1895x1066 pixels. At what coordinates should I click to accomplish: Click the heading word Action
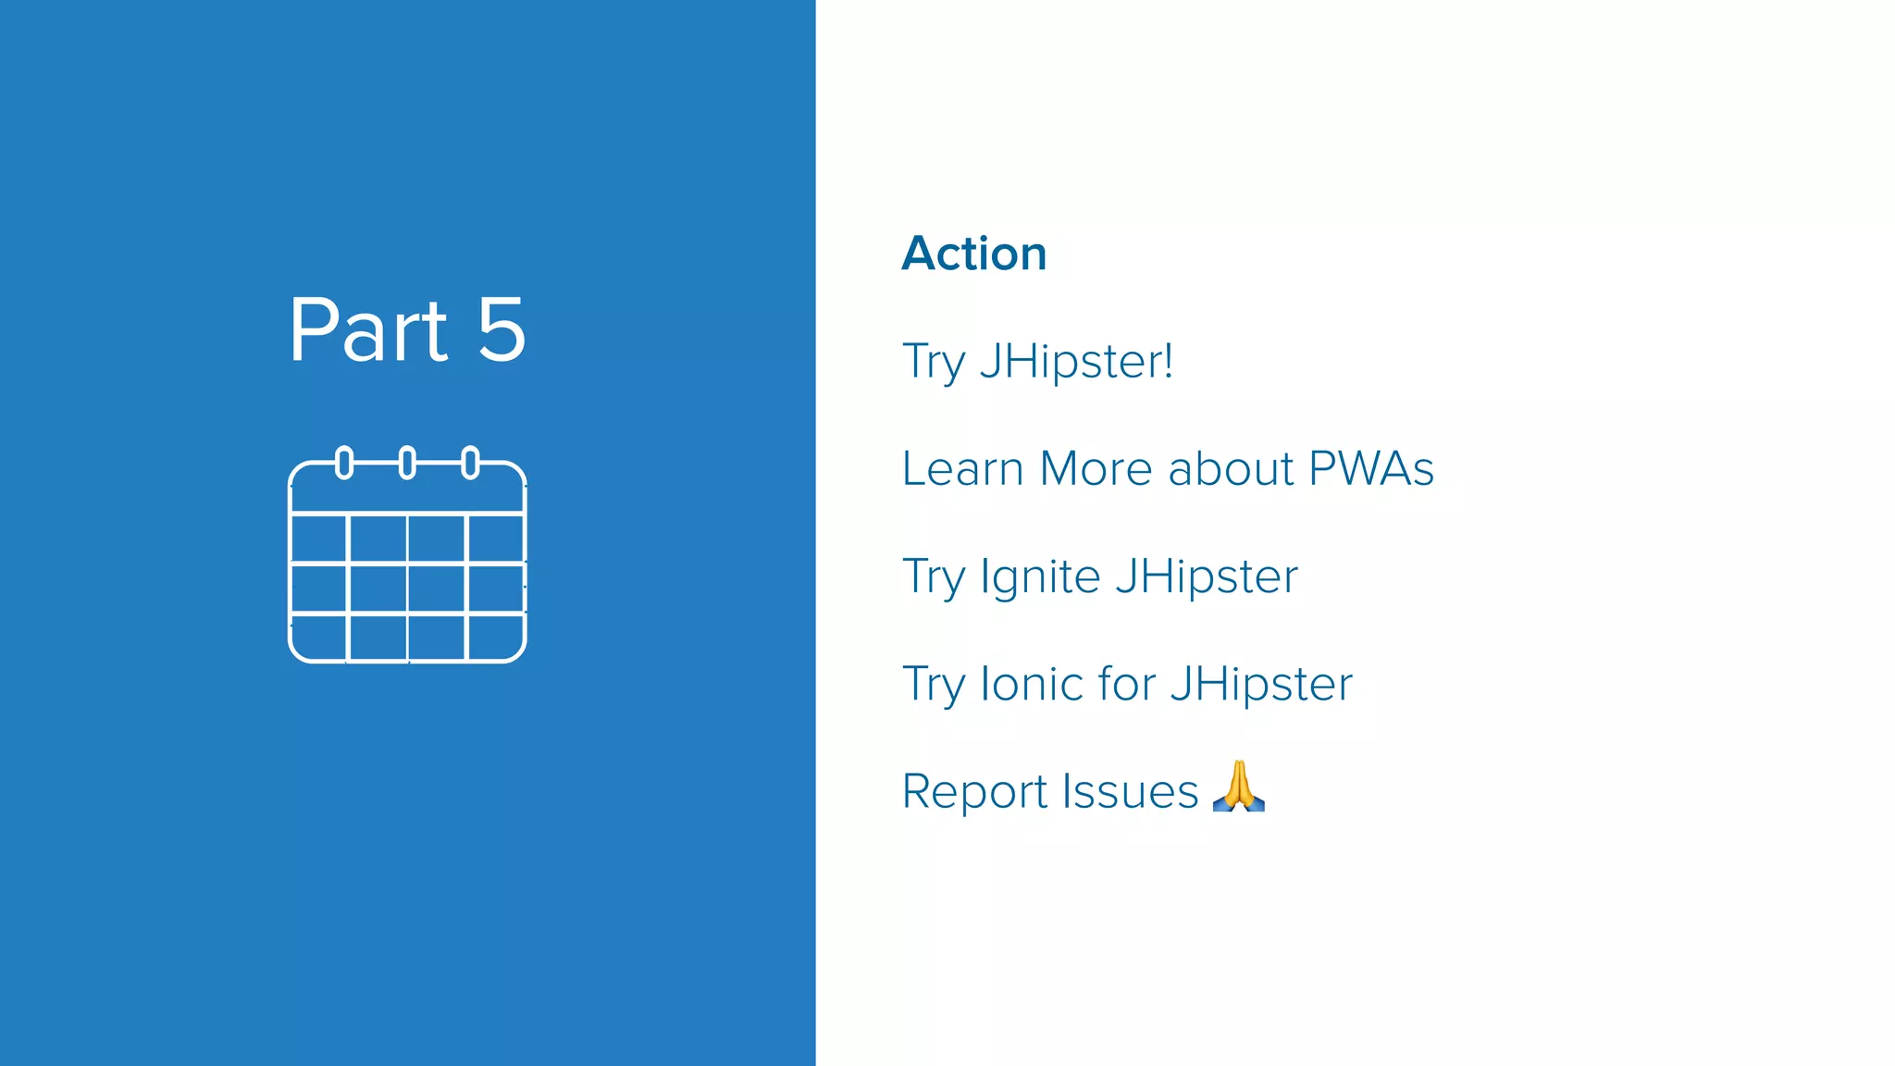(x=974, y=254)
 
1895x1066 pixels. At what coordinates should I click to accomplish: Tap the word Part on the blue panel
(x=368, y=330)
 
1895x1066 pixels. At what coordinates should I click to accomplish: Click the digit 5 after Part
(x=502, y=330)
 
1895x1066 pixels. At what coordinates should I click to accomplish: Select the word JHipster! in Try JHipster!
(x=1076, y=361)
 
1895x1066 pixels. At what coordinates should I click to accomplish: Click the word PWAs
(x=1371, y=468)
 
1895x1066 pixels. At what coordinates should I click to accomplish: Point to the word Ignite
(x=1040, y=577)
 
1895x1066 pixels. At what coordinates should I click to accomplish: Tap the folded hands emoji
(x=1238, y=787)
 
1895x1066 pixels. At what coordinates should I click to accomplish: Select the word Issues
(x=1130, y=791)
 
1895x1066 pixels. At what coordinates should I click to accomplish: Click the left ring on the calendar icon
(x=344, y=463)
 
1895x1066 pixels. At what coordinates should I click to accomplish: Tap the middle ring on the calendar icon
(x=407, y=463)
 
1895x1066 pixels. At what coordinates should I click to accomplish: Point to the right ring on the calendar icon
(x=470, y=463)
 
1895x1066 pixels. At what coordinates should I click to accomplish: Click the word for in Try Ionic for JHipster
(x=1127, y=684)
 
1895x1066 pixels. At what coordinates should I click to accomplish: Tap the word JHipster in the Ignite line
(x=1207, y=576)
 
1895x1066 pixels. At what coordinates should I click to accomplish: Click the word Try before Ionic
(x=934, y=686)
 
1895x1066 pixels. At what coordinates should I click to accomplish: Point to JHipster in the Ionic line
(x=1260, y=684)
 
